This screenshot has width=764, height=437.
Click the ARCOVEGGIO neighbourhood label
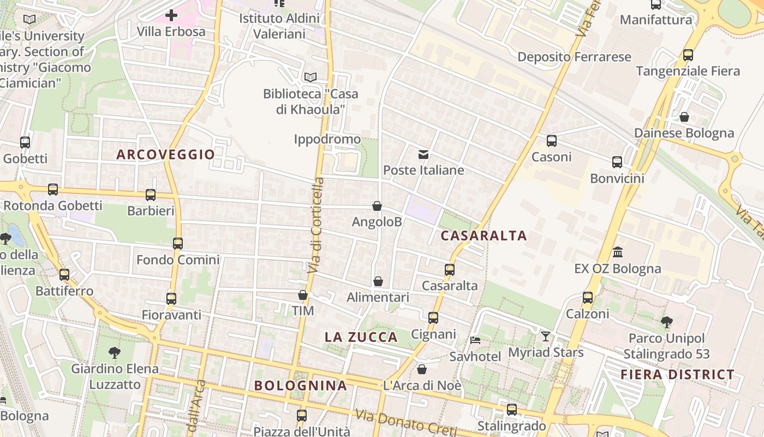click(x=166, y=155)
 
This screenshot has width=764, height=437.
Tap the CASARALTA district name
click(x=484, y=235)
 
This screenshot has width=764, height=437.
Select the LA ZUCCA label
click(x=361, y=337)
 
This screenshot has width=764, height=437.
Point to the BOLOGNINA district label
click(x=301, y=385)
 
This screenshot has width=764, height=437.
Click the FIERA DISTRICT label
click(x=678, y=374)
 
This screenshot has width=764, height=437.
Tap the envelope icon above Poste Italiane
click(x=423, y=155)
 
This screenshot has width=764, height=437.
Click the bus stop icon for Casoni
click(x=552, y=141)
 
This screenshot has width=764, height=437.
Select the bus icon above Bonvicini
click(x=617, y=162)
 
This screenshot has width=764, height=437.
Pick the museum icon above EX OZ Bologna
click(x=618, y=252)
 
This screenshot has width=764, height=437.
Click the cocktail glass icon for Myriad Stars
click(x=546, y=336)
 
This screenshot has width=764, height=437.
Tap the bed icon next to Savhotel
click(x=475, y=340)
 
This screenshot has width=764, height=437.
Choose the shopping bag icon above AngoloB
click(x=377, y=206)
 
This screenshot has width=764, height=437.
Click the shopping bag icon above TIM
click(x=303, y=295)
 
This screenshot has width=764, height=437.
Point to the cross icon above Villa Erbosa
click(x=171, y=15)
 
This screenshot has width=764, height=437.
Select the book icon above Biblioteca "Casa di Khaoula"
click(x=311, y=78)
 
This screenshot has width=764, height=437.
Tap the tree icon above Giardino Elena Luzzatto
click(x=115, y=352)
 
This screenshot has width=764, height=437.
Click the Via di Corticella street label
click(x=315, y=225)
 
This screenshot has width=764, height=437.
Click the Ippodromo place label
click(x=327, y=139)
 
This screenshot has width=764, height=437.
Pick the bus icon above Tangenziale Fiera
click(x=688, y=55)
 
